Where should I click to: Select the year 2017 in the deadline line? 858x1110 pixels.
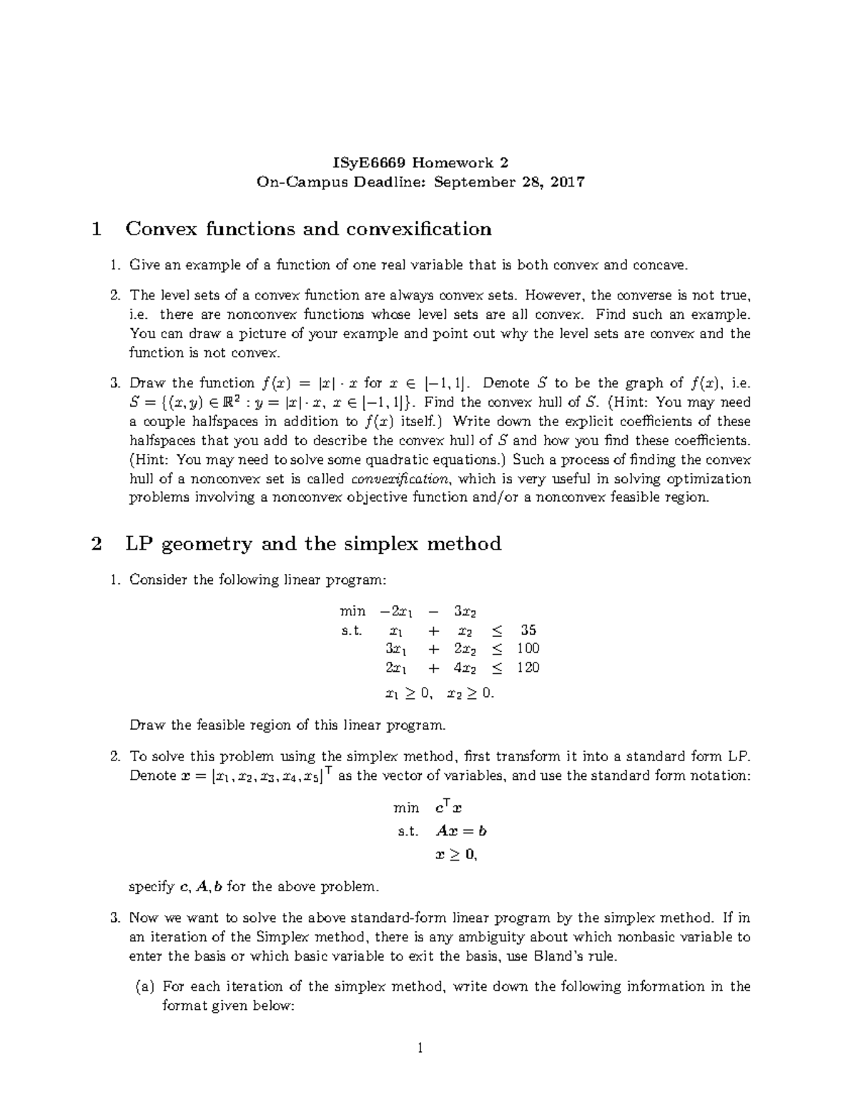click(569, 182)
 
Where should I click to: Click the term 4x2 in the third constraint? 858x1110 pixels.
click(465, 668)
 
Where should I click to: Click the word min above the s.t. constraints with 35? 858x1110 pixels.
click(352, 612)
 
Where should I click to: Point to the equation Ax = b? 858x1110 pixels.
click(461, 831)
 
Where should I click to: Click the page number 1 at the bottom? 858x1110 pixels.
click(421, 1049)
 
